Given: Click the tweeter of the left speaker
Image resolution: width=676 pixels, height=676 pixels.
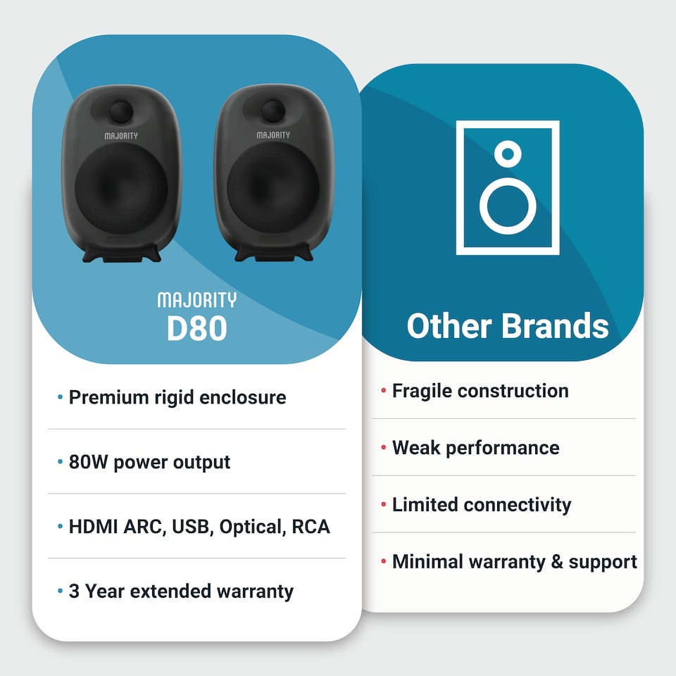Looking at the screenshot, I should [x=121, y=111].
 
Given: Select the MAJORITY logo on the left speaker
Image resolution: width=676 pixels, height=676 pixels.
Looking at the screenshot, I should [x=121, y=135].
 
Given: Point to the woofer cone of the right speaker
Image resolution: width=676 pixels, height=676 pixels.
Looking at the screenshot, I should [x=273, y=187].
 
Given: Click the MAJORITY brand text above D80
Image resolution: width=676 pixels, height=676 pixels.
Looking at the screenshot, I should [x=197, y=301].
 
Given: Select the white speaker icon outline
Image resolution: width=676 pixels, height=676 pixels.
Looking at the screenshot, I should [x=458, y=187].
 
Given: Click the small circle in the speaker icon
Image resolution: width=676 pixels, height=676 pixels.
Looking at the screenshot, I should [x=508, y=152].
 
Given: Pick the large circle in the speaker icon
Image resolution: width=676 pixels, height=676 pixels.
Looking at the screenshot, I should [x=508, y=205].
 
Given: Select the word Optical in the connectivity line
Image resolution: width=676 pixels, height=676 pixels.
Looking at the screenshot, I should [x=251, y=527].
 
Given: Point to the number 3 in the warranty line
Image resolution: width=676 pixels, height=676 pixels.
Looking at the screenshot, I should [x=73, y=591].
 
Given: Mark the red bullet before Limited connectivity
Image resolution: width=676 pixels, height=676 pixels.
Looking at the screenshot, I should [x=383, y=505].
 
